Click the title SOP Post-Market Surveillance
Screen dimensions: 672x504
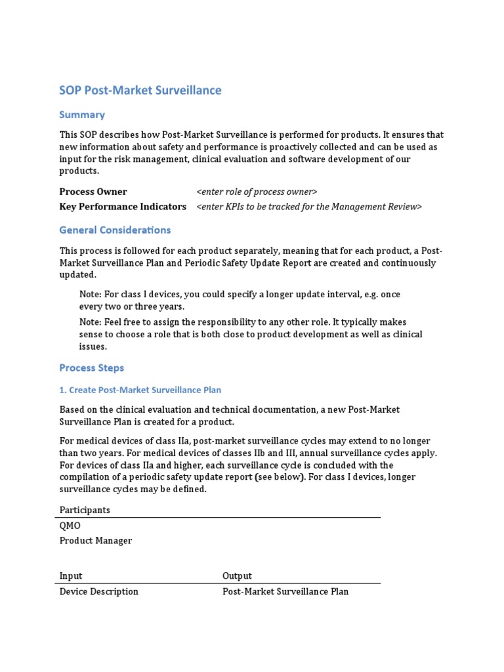(x=140, y=91)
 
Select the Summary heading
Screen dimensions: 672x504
(x=82, y=115)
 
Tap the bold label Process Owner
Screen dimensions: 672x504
(x=93, y=192)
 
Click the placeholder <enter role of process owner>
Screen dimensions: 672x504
(x=257, y=192)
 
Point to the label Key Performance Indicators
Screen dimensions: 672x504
(x=123, y=207)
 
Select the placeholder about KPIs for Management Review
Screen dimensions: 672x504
(x=309, y=207)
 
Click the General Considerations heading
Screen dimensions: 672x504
(x=115, y=230)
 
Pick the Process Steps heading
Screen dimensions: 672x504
(x=91, y=368)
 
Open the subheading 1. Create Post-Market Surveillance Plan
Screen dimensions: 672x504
(x=140, y=390)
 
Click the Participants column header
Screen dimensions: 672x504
(x=85, y=510)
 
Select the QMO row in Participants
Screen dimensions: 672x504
(x=70, y=526)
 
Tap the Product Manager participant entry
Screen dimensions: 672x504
(x=96, y=541)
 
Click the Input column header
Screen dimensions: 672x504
(x=71, y=576)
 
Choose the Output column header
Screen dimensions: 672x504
(x=237, y=576)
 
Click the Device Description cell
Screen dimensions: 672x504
(x=99, y=591)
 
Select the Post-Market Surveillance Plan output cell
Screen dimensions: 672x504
(x=285, y=591)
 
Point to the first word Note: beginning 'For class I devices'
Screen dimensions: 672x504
(x=91, y=295)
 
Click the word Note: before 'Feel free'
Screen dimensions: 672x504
(x=91, y=322)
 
